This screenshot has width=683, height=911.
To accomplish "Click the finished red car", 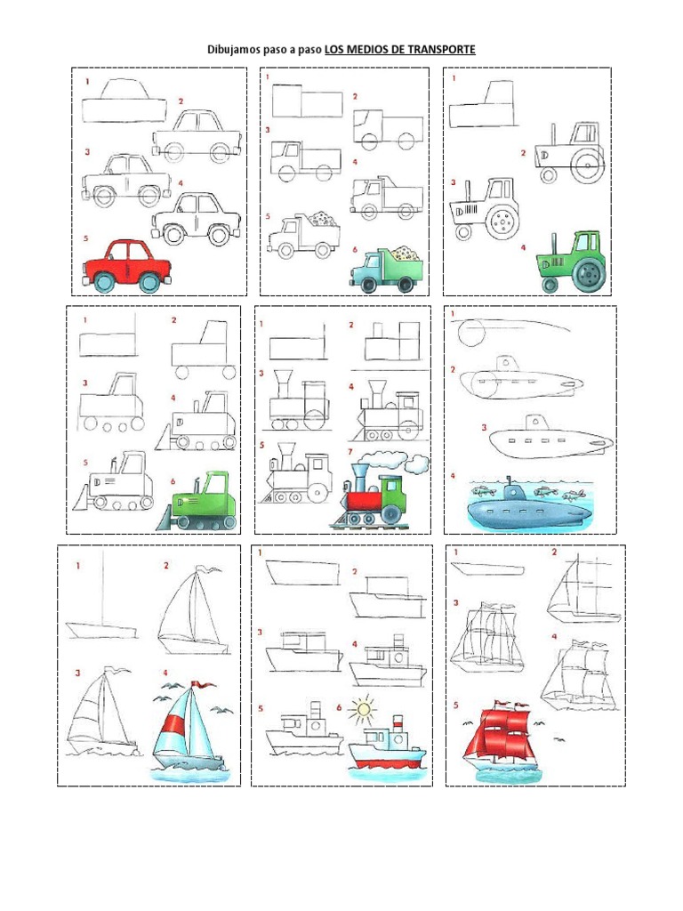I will (127, 264).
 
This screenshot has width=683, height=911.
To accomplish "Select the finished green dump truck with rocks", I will (387, 268).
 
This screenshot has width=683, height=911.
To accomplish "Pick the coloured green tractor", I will (572, 261).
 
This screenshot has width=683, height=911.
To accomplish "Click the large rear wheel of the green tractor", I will (588, 275).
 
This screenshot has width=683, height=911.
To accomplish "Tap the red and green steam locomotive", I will (369, 500).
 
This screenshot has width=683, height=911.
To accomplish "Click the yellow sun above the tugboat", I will (361, 710).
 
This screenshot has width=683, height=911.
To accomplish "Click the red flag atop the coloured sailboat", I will (205, 684).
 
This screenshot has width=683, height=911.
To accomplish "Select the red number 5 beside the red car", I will (86, 238).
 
